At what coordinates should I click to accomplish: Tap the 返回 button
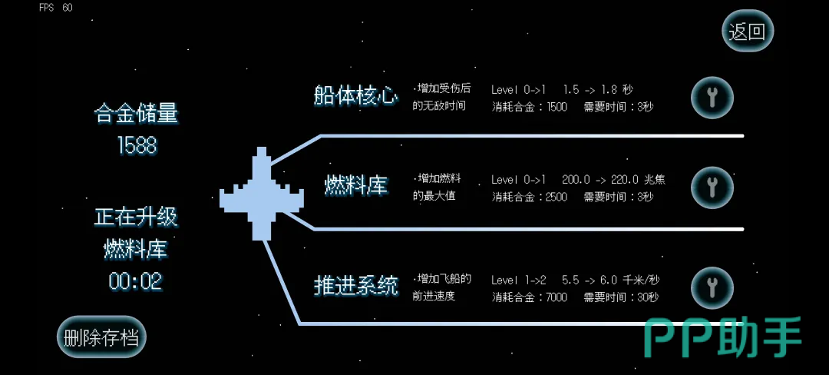[748, 32]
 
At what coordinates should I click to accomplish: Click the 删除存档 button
[101, 337]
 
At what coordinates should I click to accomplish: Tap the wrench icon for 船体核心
[712, 98]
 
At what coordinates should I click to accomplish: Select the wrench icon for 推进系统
[712, 288]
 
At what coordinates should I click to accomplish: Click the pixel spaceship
[261, 194]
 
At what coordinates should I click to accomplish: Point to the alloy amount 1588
[137, 145]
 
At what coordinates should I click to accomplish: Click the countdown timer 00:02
[135, 281]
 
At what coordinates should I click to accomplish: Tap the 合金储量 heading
[137, 114]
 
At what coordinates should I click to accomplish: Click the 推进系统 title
[355, 286]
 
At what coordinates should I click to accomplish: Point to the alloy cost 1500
[557, 107]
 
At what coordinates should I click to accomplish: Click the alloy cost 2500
[557, 197]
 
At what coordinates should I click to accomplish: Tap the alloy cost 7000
[557, 297]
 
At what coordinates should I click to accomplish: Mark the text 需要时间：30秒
[621, 297]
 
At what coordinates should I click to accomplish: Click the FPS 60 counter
[55, 8]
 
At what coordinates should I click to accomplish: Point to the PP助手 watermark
[723, 337]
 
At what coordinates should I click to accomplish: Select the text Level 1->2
[519, 280]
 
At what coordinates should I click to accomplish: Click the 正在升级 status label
[137, 217]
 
